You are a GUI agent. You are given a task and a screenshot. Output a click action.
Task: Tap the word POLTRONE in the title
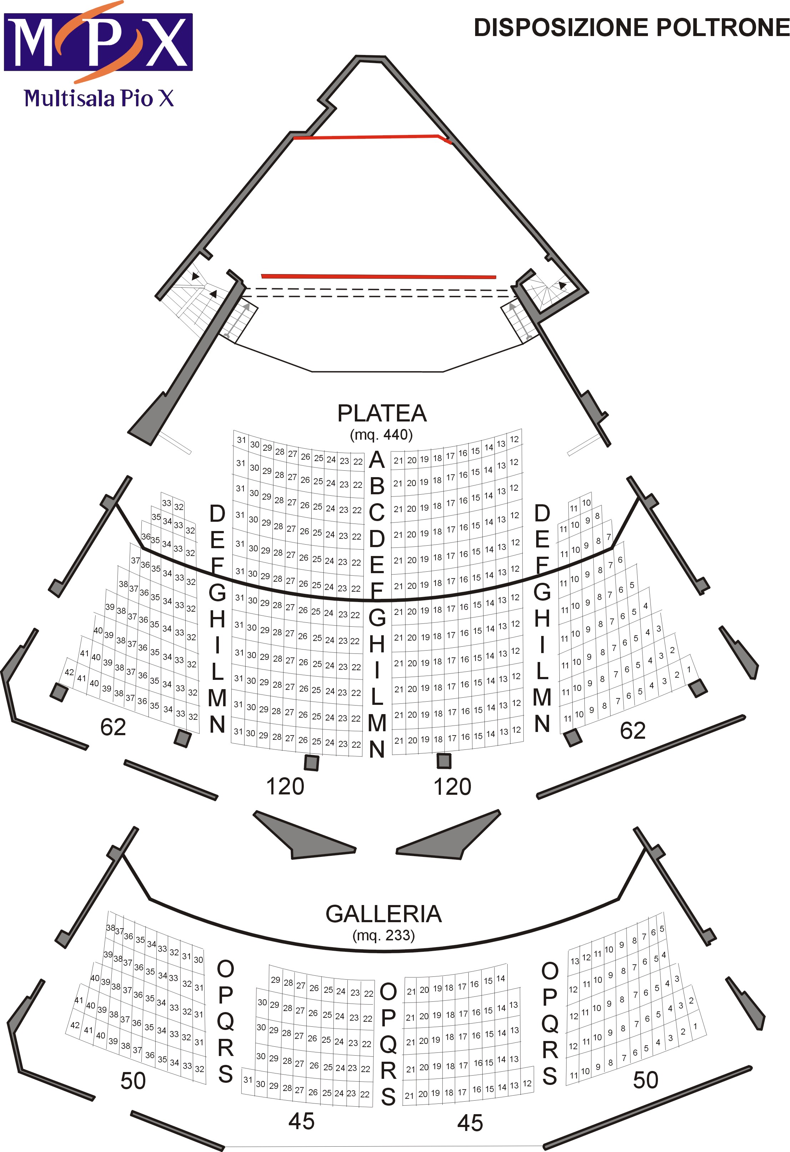coord(723,28)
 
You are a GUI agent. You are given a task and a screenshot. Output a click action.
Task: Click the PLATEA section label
coord(382,413)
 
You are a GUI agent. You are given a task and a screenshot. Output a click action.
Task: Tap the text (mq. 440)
coord(381,435)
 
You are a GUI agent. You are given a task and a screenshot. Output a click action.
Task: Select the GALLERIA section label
coord(383,914)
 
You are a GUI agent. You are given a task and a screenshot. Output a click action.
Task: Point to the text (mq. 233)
coord(383,935)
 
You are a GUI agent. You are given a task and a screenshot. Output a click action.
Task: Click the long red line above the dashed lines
coord(378,276)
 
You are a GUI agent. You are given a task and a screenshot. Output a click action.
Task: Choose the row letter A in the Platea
coord(377,460)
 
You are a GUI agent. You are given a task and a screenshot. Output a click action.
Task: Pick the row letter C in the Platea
coord(377,512)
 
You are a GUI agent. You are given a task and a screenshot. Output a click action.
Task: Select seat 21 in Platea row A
coord(398,460)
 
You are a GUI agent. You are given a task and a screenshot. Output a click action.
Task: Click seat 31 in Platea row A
coord(241,440)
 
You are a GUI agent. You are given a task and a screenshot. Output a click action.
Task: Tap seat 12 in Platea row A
coord(514,439)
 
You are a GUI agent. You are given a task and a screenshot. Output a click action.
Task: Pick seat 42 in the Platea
coord(69,672)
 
